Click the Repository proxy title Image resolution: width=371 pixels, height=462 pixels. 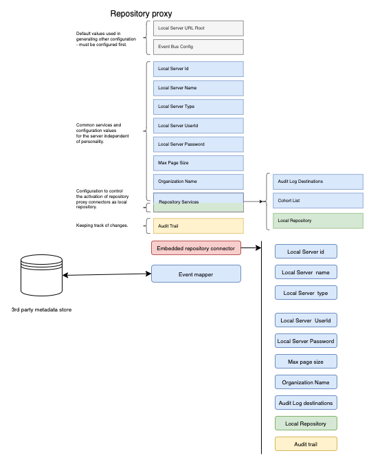click(141, 14)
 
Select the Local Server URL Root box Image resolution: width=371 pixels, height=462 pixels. click(198, 27)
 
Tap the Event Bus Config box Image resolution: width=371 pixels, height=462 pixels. click(198, 47)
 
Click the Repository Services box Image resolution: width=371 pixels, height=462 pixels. click(198, 202)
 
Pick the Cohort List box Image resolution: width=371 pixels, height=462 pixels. click(314, 201)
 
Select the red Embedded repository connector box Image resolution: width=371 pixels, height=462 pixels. click(196, 247)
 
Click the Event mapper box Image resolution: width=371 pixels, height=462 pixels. click(196, 274)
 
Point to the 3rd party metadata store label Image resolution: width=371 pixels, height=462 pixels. click(41, 309)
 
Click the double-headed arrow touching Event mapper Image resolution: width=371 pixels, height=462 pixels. click(106, 275)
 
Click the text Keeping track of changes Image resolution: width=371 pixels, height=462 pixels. click(101, 225)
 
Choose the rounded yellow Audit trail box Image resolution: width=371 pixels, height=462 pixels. click(306, 445)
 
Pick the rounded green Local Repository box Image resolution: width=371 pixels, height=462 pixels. click(306, 423)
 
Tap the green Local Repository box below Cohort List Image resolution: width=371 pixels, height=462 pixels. click(314, 221)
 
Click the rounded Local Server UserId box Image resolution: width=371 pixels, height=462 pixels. click(306, 320)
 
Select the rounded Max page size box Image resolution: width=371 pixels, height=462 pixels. click(306, 362)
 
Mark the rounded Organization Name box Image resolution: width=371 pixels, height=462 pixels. click(306, 382)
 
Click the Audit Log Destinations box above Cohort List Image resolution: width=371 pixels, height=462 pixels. click(314, 181)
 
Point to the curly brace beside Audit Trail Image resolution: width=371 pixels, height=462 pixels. click(146, 225)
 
